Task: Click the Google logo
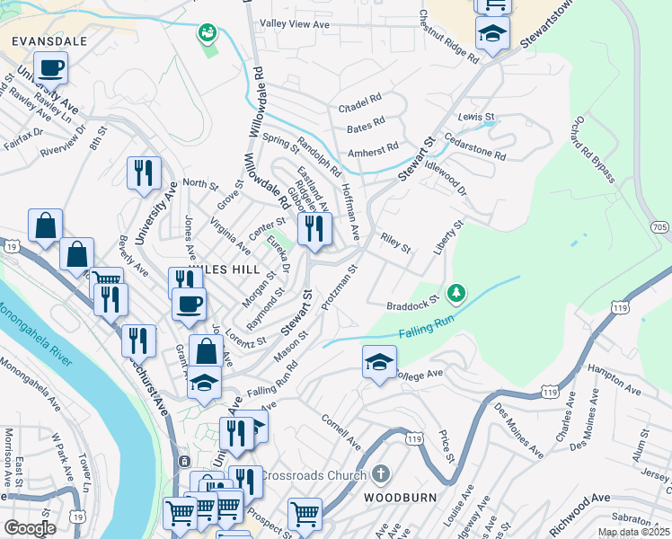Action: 30,527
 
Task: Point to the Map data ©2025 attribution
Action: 632,532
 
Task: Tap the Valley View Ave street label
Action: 296,22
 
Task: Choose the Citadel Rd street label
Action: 360,100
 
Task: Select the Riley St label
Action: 395,243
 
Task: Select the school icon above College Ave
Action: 379,361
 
